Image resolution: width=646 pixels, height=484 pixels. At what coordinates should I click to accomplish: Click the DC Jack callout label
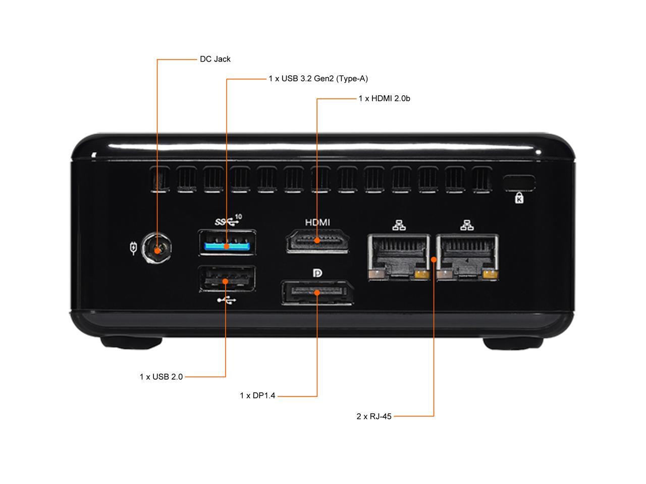point(215,59)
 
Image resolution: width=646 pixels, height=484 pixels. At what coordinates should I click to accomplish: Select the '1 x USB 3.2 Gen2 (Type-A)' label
point(318,79)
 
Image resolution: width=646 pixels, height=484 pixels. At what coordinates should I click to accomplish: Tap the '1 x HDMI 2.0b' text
point(384,98)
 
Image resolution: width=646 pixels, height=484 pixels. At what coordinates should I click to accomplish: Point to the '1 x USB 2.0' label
point(161,377)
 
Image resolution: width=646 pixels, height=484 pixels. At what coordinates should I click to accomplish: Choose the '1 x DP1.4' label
point(257,396)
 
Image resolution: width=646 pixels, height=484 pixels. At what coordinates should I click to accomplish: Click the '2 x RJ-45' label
point(373,416)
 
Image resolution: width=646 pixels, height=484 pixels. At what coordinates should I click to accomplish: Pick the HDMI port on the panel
point(317,241)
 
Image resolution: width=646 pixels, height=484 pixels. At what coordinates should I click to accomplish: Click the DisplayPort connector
point(317,293)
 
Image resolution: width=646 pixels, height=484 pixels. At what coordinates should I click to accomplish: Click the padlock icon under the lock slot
point(519,198)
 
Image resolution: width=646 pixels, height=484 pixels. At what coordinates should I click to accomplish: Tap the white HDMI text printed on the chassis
point(317,222)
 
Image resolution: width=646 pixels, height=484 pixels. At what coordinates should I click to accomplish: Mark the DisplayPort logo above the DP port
point(317,273)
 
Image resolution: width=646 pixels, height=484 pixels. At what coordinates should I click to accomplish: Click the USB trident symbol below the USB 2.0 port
point(227,300)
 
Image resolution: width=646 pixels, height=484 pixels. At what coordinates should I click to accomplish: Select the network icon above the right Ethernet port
point(467,225)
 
